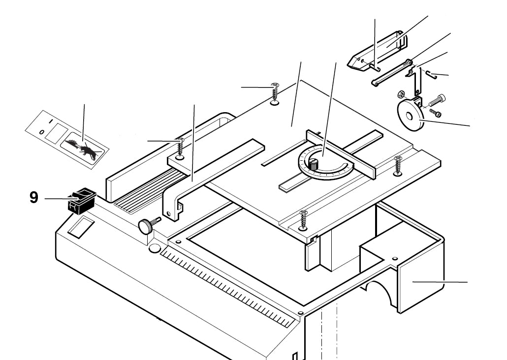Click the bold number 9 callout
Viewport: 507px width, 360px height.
click(x=33, y=197)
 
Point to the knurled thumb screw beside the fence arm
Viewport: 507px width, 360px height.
click(x=146, y=226)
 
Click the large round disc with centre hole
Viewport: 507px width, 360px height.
click(x=409, y=117)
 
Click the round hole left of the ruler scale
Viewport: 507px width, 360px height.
click(x=155, y=249)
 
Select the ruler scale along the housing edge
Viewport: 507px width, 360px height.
click(x=226, y=285)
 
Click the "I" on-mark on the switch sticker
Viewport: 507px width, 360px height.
click(x=50, y=120)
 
